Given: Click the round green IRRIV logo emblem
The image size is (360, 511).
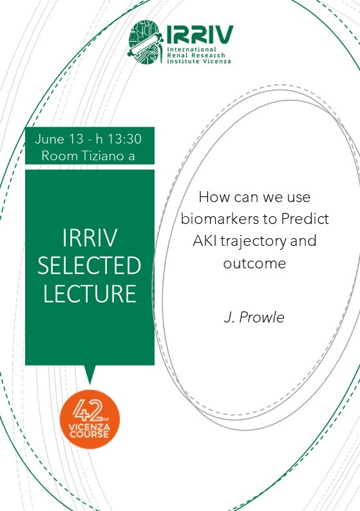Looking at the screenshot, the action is (145, 42).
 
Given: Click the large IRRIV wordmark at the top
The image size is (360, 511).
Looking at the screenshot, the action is (200, 35).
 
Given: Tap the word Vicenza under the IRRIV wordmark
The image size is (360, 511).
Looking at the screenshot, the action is (217, 61).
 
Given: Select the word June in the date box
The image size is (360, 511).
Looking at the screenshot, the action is (50, 139).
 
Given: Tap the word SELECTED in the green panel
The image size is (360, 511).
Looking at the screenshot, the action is (89, 265).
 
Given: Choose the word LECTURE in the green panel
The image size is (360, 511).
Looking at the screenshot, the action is (90, 293).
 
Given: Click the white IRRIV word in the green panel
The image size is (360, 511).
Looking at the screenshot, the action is (89, 238).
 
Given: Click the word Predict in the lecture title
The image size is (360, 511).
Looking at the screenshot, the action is (305, 219).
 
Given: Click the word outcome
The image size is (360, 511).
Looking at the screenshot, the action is (254, 263).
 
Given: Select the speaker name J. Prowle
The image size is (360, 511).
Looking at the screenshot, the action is (254, 317).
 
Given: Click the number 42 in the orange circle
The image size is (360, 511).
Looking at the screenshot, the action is (87, 411).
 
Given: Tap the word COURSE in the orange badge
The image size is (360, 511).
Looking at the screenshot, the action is (89, 434).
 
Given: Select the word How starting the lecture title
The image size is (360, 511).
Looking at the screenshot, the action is (213, 197).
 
